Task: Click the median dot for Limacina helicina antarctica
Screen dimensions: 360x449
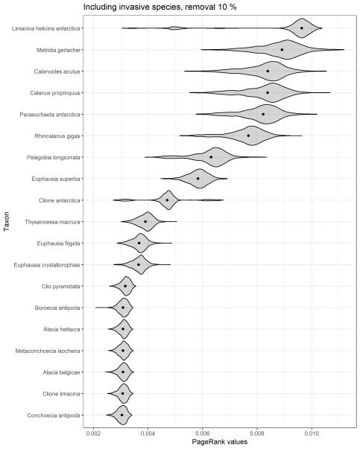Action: (302, 28)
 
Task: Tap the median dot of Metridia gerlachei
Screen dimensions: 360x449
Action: (282, 50)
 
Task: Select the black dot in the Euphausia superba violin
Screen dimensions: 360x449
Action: (198, 179)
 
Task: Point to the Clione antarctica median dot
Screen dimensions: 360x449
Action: (167, 200)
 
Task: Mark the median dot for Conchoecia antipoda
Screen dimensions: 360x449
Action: (121, 415)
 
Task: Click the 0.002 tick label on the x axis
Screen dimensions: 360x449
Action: (93, 433)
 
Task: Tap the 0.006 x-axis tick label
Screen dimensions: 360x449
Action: (202, 433)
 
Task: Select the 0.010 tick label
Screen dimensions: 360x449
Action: (312, 433)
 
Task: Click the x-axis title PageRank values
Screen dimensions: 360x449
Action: (220, 442)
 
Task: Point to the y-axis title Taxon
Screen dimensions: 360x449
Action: (6, 221)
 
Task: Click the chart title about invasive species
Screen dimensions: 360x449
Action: (160, 7)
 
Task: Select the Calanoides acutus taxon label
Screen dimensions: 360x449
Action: (57, 71)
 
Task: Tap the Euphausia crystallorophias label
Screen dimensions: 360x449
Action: (47, 265)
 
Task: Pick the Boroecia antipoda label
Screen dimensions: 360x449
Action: (57, 308)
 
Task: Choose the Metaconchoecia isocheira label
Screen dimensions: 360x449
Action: (48, 351)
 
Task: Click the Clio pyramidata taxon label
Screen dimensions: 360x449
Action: (61, 287)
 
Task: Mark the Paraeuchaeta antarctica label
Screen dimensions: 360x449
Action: (50, 115)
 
